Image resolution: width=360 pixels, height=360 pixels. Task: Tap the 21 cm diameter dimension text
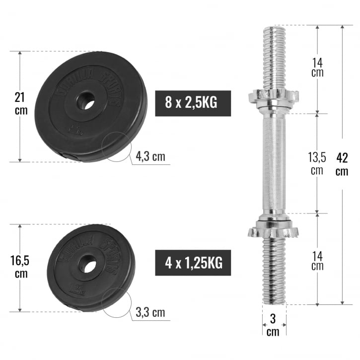tap(21, 103)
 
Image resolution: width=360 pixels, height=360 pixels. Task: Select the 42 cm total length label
tap(342, 164)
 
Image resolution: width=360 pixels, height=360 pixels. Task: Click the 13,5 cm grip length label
tap(317, 163)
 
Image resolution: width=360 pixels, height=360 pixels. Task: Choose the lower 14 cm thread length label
tap(317, 260)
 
